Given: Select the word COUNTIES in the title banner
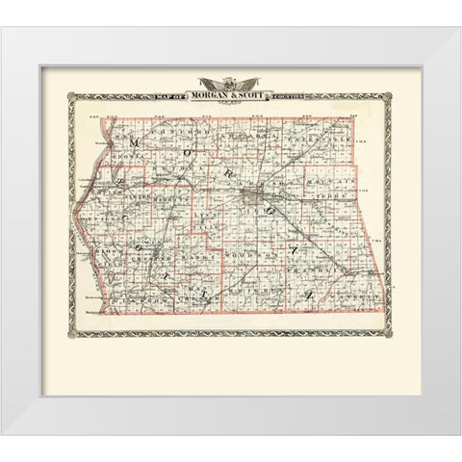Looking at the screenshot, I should pyautogui.click(x=283, y=94).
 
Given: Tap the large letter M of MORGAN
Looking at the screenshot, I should pyautogui.click(x=136, y=143).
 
